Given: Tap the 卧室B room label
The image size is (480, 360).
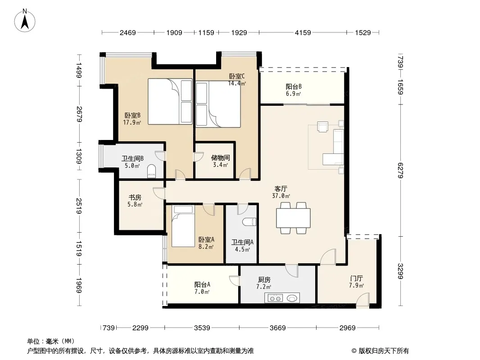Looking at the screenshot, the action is coord(132,116).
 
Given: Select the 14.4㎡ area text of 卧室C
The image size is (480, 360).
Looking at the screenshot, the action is coord(237,83).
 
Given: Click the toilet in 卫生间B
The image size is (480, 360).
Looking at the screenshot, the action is coord(152,171).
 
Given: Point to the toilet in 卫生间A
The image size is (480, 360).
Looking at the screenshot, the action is coord(249,221).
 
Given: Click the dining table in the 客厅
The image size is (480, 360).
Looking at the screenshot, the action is coord(293,218).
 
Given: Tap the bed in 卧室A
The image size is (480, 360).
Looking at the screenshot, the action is coord(183,226).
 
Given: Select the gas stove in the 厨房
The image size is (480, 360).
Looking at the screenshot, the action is coord(275,298).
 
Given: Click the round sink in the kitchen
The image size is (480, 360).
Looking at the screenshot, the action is coord(292,298).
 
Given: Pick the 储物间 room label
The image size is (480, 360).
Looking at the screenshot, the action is coord(220,158).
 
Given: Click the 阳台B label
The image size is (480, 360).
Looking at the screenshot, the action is coord(294,87).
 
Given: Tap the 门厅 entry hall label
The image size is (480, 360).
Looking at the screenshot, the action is coord(356,279).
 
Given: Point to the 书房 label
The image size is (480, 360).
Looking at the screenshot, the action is coord(135,198).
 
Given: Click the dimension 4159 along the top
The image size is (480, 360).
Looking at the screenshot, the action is coord(303,32).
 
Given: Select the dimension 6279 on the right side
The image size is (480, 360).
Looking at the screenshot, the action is coord(401,171).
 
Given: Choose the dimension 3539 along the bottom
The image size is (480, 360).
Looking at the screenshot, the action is coord(202,328).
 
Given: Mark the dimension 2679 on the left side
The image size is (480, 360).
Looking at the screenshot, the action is coord(79,114).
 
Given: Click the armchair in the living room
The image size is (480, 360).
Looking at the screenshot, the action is coord(323,126).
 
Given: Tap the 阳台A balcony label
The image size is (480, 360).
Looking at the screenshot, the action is coord(202,284).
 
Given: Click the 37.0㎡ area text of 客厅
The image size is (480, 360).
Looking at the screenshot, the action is coord(281,196).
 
